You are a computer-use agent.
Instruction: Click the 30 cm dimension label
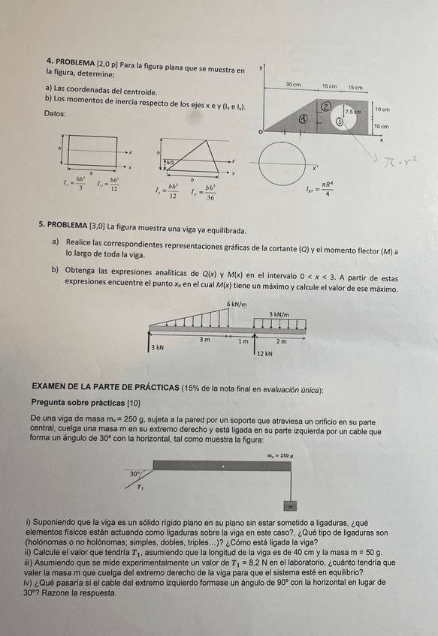click(x=292, y=85)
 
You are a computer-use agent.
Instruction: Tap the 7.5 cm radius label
click(x=353, y=111)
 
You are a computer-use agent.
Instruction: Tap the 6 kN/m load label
click(x=237, y=303)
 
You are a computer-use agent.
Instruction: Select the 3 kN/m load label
click(x=279, y=314)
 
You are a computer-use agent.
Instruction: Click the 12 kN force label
click(x=264, y=352)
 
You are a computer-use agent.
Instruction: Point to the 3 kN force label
click(x=157, y=348)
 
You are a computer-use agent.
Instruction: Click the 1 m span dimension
click(x=243, y=340)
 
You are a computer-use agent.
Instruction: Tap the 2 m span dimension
click(x=280, y=340)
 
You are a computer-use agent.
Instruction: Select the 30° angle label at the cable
click(x=135, y=474)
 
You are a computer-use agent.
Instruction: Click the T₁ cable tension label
click(x=140, y=487)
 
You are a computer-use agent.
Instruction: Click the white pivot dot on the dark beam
click(x=222, y=466)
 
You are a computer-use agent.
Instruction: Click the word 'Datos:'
click(x=56, y=114)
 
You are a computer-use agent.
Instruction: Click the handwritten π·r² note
click(x=394, y=160)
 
